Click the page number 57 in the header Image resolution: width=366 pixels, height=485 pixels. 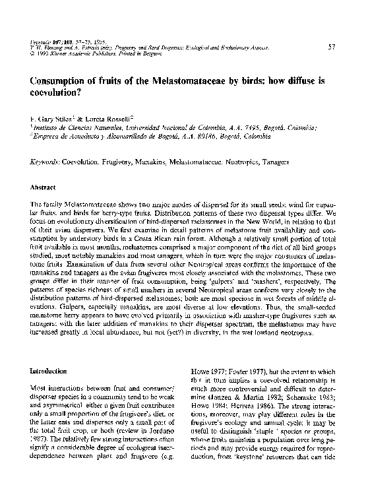(x=332, y=46)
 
